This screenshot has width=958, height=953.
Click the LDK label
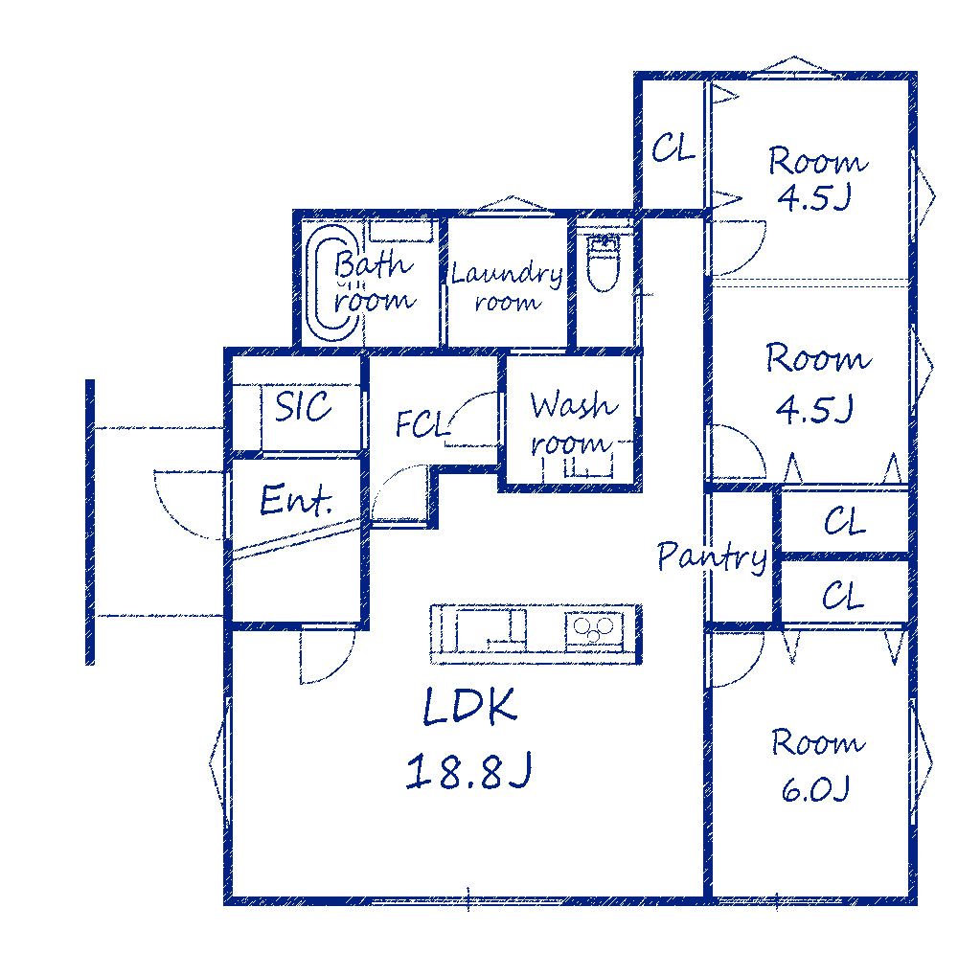(x=469, y=706)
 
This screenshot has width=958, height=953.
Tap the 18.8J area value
(x=468, y=770)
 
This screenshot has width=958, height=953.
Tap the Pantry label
(x=713, y=556)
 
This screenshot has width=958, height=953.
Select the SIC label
(x=303, y=406)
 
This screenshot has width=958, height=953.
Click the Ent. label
(x=296, y=500)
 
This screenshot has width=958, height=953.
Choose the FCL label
(x=422, y=423)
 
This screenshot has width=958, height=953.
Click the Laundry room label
(x=507, y=285)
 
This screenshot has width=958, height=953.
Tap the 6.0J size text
(x=815, y=788)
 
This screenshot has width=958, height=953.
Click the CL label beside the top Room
(x=673, y=147)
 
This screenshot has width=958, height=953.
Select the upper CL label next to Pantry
(x=844, y=521)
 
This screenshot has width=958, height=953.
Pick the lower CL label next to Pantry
(x=843, y=595)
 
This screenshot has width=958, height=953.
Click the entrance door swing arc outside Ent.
(x=175, y=517)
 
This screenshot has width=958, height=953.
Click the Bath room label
(x=375, y=282)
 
